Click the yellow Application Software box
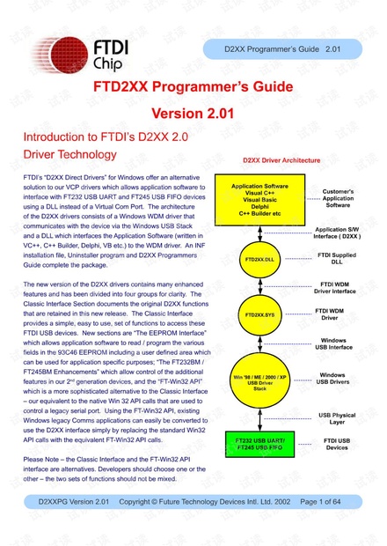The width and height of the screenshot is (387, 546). (x=259, y=201)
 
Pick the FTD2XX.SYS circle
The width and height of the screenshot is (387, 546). (x=259, y=314)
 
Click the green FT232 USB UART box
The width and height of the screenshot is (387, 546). (x=259, y=442)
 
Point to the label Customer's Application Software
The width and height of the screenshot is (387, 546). (x=338, y=198)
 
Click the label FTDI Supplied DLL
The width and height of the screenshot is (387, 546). (x=338, y=259)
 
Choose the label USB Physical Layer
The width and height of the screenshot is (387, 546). (x=338, y=417)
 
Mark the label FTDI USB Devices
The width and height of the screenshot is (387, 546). (x=338, y=443)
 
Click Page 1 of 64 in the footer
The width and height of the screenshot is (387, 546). (x=322, y=526)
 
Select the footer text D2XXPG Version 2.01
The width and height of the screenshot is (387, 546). (x=74, y=526)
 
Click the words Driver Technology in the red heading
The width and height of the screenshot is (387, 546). (x=69, y=154)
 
